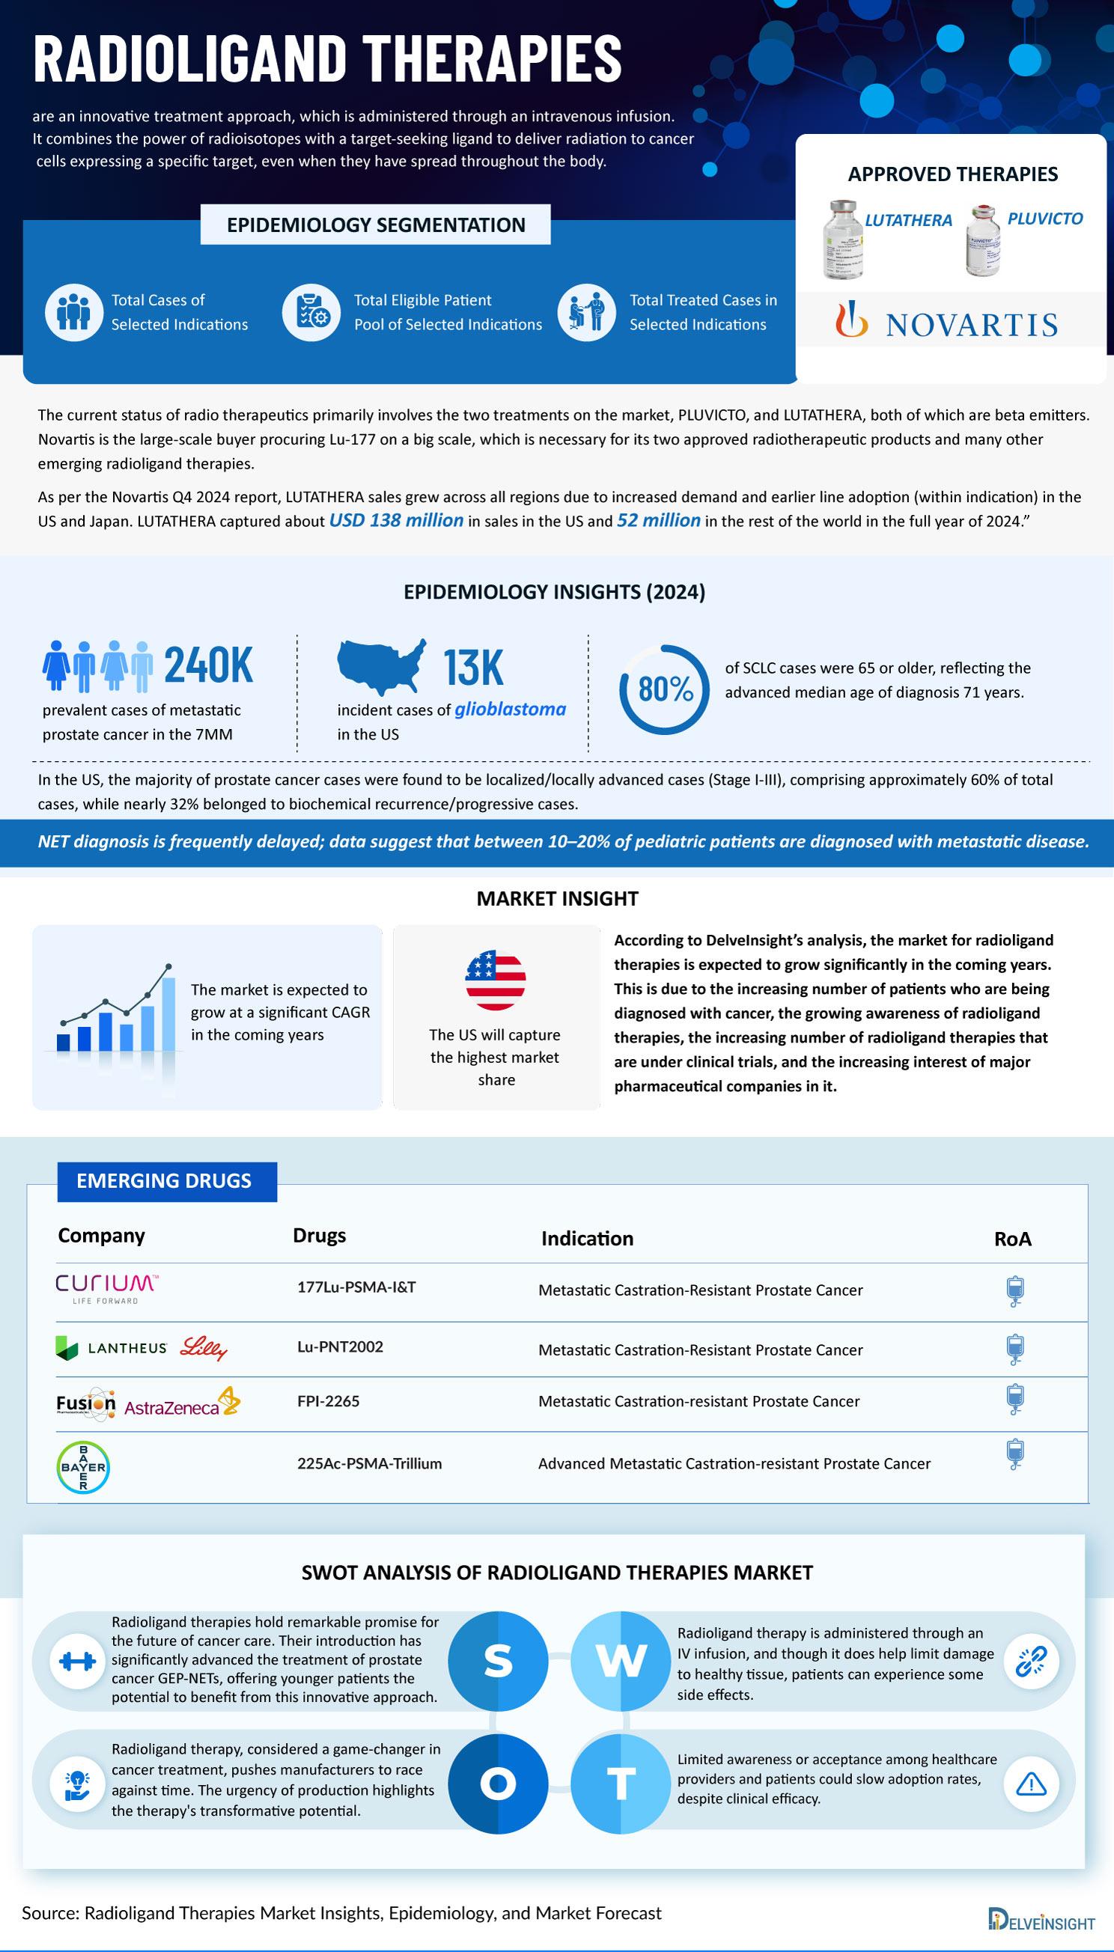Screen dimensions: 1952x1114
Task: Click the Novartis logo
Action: pyautogui.click(x=947, y=323)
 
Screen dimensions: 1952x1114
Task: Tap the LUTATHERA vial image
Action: pyautogui.click(x=842, y=240)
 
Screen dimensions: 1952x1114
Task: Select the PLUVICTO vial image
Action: pyautogui.click(x=982, y=241)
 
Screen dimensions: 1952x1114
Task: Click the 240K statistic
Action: pyautogui.click(x=208, y=665)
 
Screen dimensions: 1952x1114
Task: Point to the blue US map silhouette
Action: pyautogui.click(x=381, y=666)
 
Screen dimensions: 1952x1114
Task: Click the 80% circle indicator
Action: pyautogui.click(x=664, y=689)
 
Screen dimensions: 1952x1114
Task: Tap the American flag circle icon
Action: pyautogui.click(x=495, y=980)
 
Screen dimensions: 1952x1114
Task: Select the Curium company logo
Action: pyautogui.click(x=106, y=1289)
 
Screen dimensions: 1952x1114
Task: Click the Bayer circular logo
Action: pyautogui.click(x=82, y=1467)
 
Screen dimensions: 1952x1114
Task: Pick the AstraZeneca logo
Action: pyautogui.click(x=181, y=1403)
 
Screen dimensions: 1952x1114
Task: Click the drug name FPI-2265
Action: pyautogui.click(x=328, y=1400)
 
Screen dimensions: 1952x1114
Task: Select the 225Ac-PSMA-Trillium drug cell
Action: pyautogui.click(x=370, y=1463)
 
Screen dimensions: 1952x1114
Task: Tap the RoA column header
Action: pyautogui.click(x=1012, y=1239)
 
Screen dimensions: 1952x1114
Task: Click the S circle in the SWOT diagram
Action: pyautogui.click(x=497, y=1661)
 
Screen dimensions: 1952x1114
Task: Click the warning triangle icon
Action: pyautogui.click(x=1031, y=1784)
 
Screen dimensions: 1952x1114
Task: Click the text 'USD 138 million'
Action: pyautogui.click(x=395, y=521)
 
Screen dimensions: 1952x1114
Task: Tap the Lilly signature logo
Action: pyautogui.click(x=204, y=1347)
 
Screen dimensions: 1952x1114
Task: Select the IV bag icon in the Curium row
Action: pyautogui.click(x=1014, y=1290)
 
